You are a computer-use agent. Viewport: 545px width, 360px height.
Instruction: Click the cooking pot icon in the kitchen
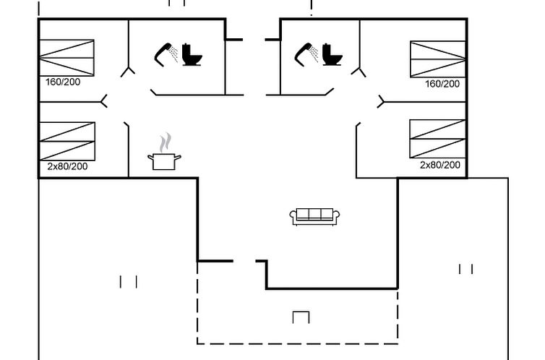pyautogui.click(x=164, y=160)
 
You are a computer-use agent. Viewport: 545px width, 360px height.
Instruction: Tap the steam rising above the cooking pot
pyautogui.click(x=166, y=141)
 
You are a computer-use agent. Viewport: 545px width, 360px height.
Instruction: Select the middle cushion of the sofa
pyautogui.click(x=314, y=214)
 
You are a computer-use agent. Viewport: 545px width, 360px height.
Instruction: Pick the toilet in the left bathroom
pyautogui.click(x=192, y=55)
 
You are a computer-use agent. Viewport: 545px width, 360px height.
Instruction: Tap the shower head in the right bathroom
pyautogui.click(x=306, y=53)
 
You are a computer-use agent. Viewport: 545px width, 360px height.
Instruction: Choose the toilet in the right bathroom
pyautogui.click(x=332, y=55)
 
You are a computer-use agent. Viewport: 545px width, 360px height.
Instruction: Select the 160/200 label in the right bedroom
pyautogui.click(x=442, y=84)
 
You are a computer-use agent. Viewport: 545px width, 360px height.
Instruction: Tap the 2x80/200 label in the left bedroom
pyautogui.click(x=67, y=166)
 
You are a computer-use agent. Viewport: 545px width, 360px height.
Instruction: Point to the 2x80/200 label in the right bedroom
pyautogui.click(x=439, y=165)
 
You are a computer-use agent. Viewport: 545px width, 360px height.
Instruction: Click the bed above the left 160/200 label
pyautogui.click(x=66, y=57)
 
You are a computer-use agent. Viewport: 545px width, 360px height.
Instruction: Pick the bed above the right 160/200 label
pyautogui.click(x=438, y=59)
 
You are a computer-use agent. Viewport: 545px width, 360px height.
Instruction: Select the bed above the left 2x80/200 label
pyautogui.click(x=66, y=141)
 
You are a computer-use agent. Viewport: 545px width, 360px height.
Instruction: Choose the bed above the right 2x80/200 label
pyautogui.click(x=437, y=138)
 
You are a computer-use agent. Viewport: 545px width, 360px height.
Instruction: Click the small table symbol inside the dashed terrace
pyautogui.click(x=301, y=317)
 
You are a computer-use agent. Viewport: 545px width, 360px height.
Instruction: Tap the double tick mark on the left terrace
pyautogui.click(x=128, y=281)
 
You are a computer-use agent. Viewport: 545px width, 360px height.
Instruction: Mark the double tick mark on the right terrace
pyautogui.click(x=466, y=269)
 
